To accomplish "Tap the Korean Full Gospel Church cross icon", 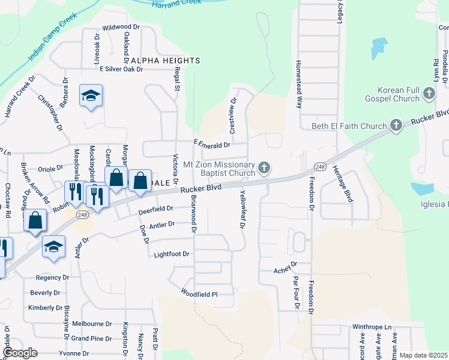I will [x=429, y=93].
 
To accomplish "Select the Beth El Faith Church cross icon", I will [x=396, y=125].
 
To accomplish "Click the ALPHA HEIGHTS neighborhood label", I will [x=165, y=61].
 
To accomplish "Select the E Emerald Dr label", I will [x=212, y=145].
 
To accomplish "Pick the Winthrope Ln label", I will [x=372, y=328].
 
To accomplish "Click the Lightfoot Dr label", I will [x=172, y=254].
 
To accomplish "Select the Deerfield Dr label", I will [x=155, y=209].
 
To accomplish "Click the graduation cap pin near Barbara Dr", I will [x=91, y=95].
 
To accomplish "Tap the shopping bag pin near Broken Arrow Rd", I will [x=36, y=220].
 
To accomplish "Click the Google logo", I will [x=20, y=353].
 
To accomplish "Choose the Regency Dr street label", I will [x=52, y=278].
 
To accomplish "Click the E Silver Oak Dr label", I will [x=121, y=69].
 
